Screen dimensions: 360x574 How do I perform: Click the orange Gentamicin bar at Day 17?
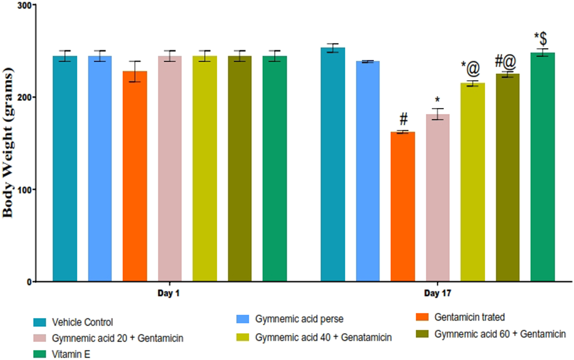(403, 207)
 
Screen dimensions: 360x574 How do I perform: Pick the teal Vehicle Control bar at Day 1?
(65, 169)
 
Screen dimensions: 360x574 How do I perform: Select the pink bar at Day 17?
(438, 198)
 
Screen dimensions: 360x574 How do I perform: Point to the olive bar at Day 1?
(240, 169)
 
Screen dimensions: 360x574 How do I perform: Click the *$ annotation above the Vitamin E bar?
(541, 38)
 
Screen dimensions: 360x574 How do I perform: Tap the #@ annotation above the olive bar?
(506, 62)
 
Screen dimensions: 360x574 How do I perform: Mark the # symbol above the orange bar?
(403, 119)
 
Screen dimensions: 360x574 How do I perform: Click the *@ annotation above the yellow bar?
(470, 68)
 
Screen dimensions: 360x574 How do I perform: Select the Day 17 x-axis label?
(437, 293)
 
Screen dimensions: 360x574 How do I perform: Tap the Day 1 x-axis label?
(169, 293)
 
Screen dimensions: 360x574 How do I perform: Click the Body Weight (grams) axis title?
(8, 143)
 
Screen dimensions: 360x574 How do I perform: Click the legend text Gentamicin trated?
(469, 317)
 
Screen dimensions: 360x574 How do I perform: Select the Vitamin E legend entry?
(71, 355)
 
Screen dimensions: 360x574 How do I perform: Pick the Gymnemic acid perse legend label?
(299, 319)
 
